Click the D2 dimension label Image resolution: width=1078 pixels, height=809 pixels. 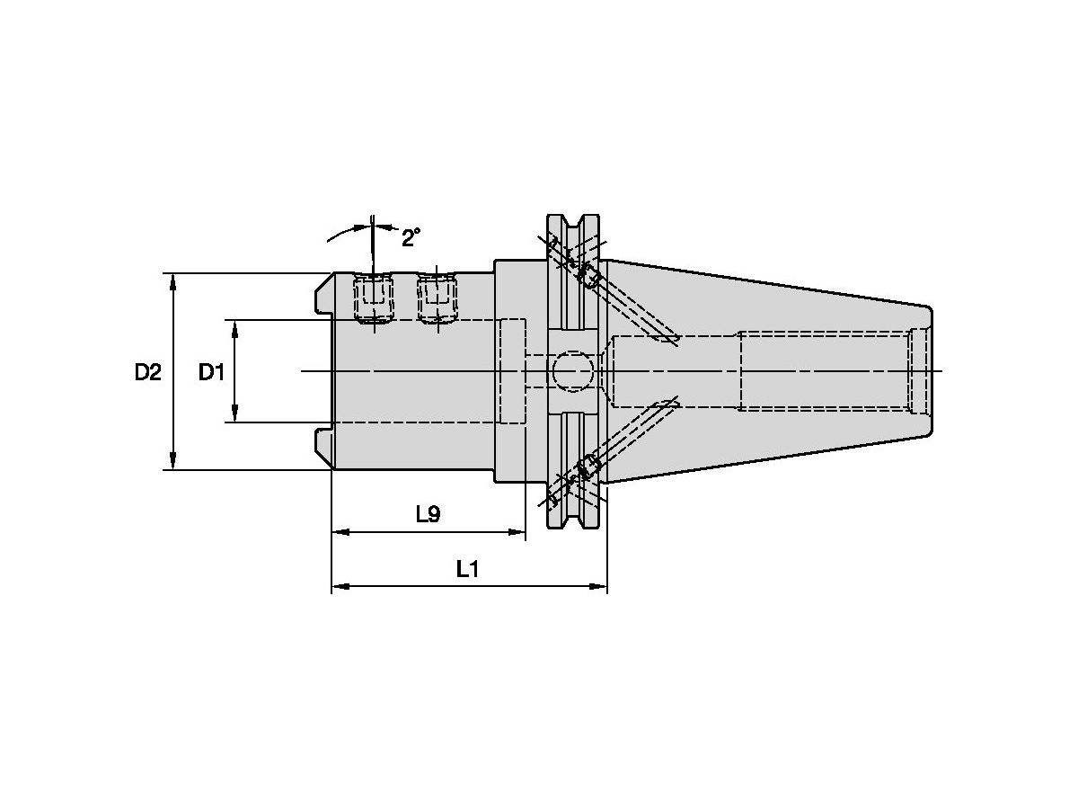click(148, 371)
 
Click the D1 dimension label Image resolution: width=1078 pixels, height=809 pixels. click(211, 371)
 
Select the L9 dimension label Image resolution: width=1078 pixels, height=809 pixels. click(428, 514)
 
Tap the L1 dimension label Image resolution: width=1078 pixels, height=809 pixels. click(468, 569)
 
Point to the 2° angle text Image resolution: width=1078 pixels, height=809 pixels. click(411, 238)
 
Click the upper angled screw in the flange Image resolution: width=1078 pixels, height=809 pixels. click(590, 276)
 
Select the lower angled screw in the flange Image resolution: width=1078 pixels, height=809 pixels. click(590, 467)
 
